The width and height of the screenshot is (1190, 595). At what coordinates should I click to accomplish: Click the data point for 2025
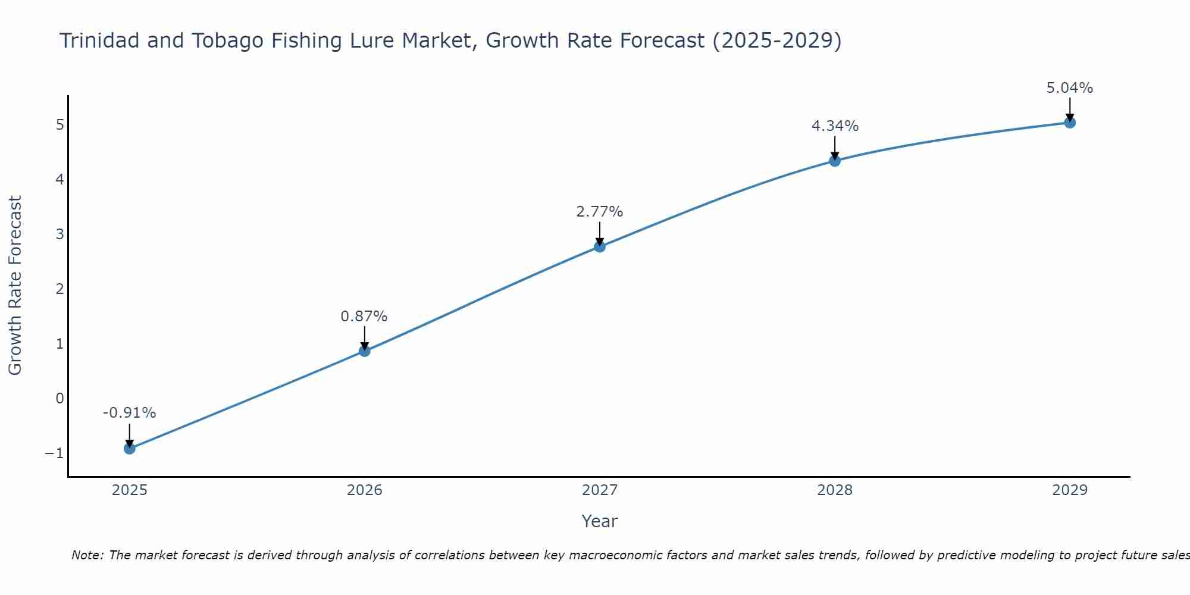[130, 448]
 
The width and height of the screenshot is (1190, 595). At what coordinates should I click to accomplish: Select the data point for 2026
[365, 351]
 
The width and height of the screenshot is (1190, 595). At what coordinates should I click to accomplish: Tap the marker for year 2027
[600, 246]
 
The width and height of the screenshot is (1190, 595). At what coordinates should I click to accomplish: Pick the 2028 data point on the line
[835, 161]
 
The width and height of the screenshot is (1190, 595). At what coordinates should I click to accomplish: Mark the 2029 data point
[1070, 123]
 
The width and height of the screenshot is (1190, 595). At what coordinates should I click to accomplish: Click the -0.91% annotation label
[130, 413]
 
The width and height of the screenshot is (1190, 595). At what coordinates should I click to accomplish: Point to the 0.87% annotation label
[364, 317]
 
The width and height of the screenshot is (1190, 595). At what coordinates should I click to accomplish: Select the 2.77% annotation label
[600, 212]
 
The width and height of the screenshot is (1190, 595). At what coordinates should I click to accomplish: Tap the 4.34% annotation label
[835, 126]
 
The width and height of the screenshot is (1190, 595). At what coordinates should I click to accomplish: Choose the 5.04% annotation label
[1070, 88]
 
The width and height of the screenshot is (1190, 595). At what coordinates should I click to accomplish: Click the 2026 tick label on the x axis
[365, 490]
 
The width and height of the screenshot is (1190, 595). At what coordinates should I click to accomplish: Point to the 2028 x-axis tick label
[835, 490]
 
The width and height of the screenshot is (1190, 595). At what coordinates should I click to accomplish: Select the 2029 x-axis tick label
[1070, 490]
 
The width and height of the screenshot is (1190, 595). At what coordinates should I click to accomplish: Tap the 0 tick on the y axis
[59, 398]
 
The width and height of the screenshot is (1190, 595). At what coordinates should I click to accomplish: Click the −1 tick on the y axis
[54, 453]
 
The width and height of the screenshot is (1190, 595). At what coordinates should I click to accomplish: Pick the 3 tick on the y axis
[59, 234]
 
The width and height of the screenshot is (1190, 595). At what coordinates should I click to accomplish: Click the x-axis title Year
[600, 521]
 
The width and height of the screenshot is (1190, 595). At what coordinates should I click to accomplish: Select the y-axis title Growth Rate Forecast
[15, 286]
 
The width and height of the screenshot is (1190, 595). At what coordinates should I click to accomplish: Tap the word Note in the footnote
[87, 555]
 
